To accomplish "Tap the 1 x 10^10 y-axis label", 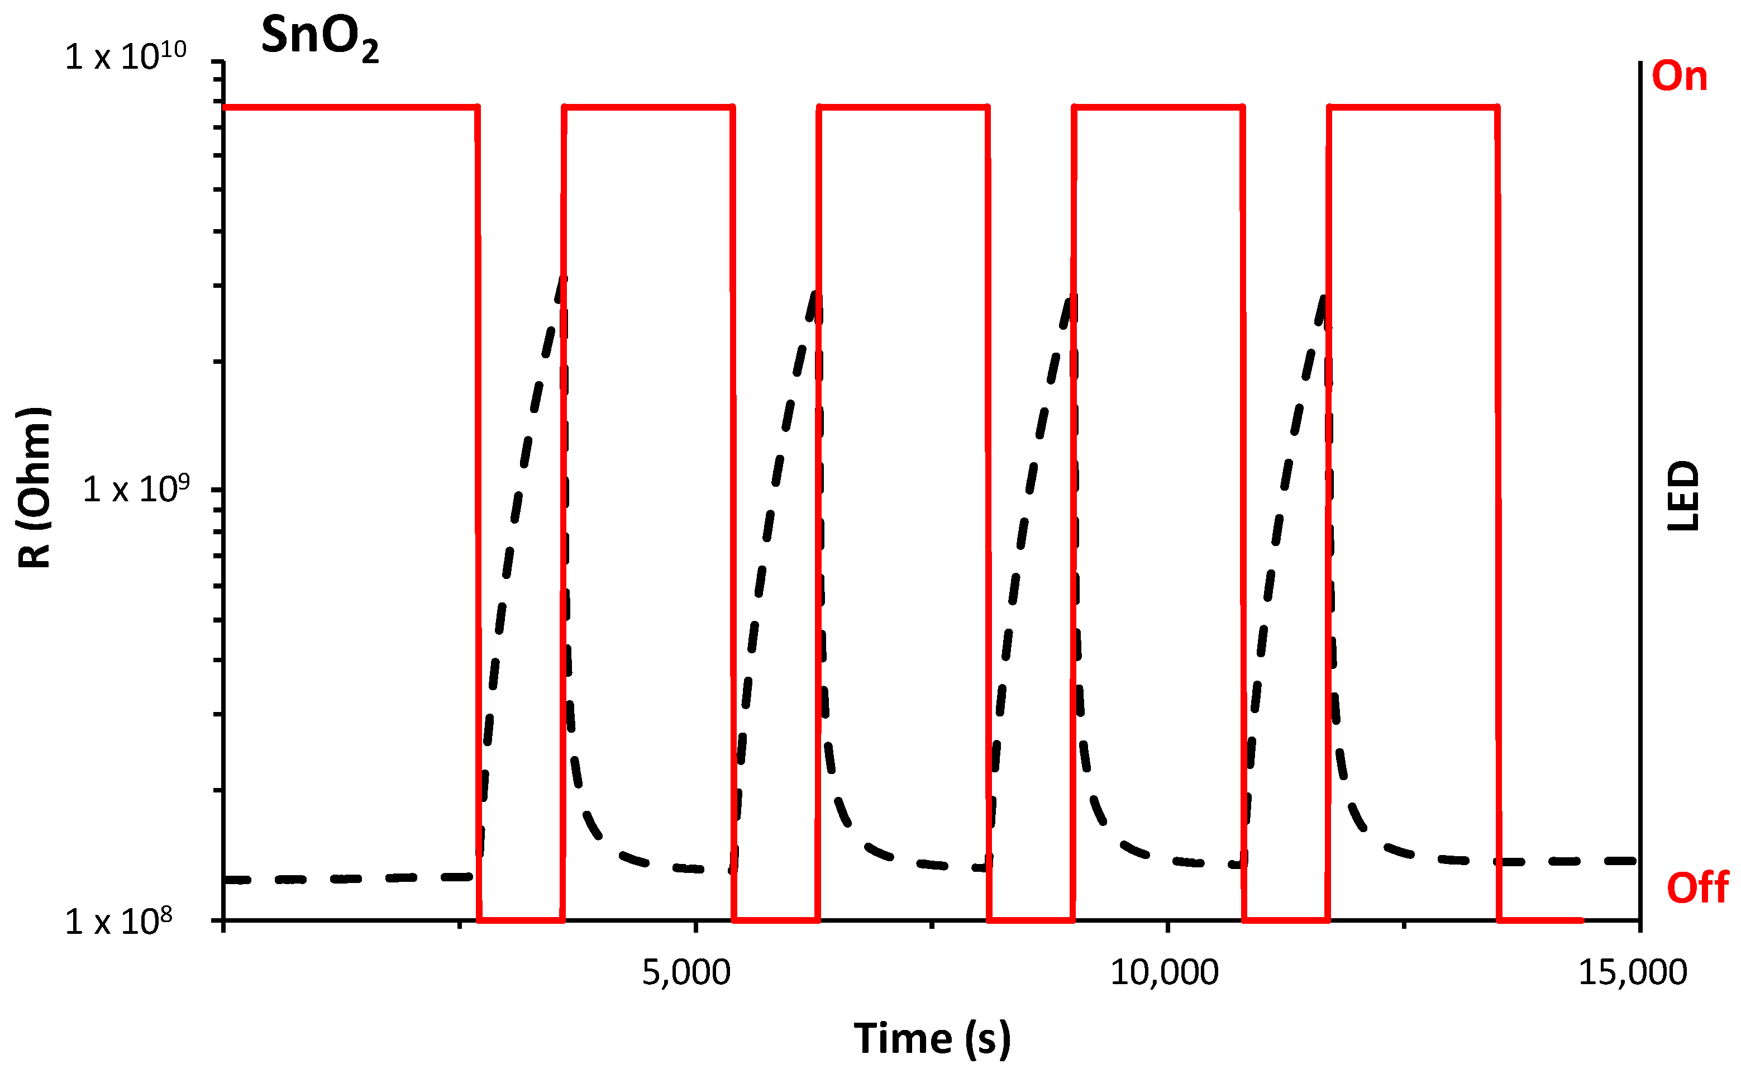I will pos(126,57).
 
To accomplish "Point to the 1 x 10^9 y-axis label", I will pos(136,490).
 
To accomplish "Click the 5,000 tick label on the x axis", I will pos(686,973).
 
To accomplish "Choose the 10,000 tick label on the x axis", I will pos(1164,973).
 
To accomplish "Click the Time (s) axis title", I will pos(932,1039).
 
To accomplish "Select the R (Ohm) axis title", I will pos(34,488).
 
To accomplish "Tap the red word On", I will pos(1680,76).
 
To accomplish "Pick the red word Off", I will pos(1697,888).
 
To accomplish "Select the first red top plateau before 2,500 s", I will pos(351,107).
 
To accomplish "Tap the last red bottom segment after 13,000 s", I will pos(1539,920).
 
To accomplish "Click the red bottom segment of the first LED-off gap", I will pos(521,920).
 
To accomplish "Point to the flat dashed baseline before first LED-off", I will pos(347,879).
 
